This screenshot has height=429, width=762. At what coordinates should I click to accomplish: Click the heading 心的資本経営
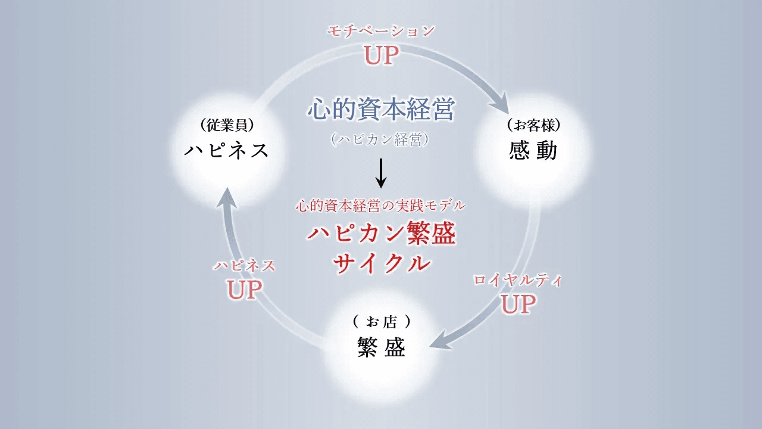coord(381,110)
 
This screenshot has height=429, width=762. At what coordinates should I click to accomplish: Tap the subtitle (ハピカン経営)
coord(380,139)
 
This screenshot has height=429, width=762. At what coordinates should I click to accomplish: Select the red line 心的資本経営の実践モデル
coord(380,206)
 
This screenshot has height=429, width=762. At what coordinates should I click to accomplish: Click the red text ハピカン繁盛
coord(381,234)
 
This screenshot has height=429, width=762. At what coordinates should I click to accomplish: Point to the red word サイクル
coord(381,263)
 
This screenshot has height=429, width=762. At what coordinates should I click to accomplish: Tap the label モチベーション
coord(381,32)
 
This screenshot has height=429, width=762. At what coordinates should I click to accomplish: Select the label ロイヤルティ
coord(517,281)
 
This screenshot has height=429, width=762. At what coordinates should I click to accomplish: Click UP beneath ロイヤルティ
coord(518,304)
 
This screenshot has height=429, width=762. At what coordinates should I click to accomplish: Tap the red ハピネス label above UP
coord(245,266)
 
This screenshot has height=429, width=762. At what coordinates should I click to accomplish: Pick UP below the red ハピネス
coord(245,290)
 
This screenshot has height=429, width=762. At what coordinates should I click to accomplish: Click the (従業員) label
coord(227,125)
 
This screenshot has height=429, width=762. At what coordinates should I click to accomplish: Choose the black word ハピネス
coord(227,151)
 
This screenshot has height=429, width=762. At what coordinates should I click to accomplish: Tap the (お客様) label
coord(533,125)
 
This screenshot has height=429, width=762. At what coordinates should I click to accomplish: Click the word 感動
coord(533,151)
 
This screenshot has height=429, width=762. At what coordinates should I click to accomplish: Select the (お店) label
coord(382,322)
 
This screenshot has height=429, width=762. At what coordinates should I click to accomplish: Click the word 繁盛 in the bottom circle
coord(382,348)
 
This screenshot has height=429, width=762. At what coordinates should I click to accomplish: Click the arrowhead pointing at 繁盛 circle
coord(439,344)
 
